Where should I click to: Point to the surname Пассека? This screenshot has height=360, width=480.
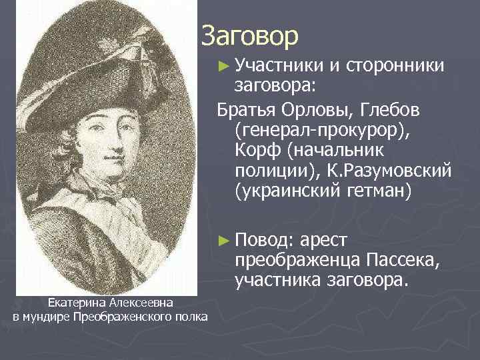click(x=405, y=260)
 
